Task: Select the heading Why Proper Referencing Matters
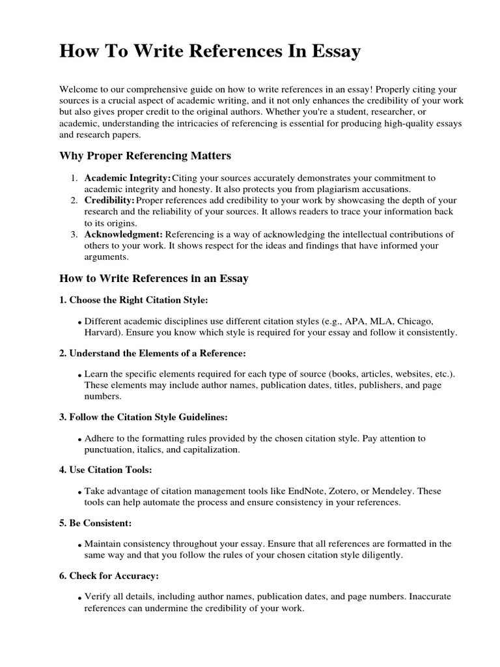coord(145,156)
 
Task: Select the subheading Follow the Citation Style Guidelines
coord(143,416)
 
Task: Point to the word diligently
coord(382,555)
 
